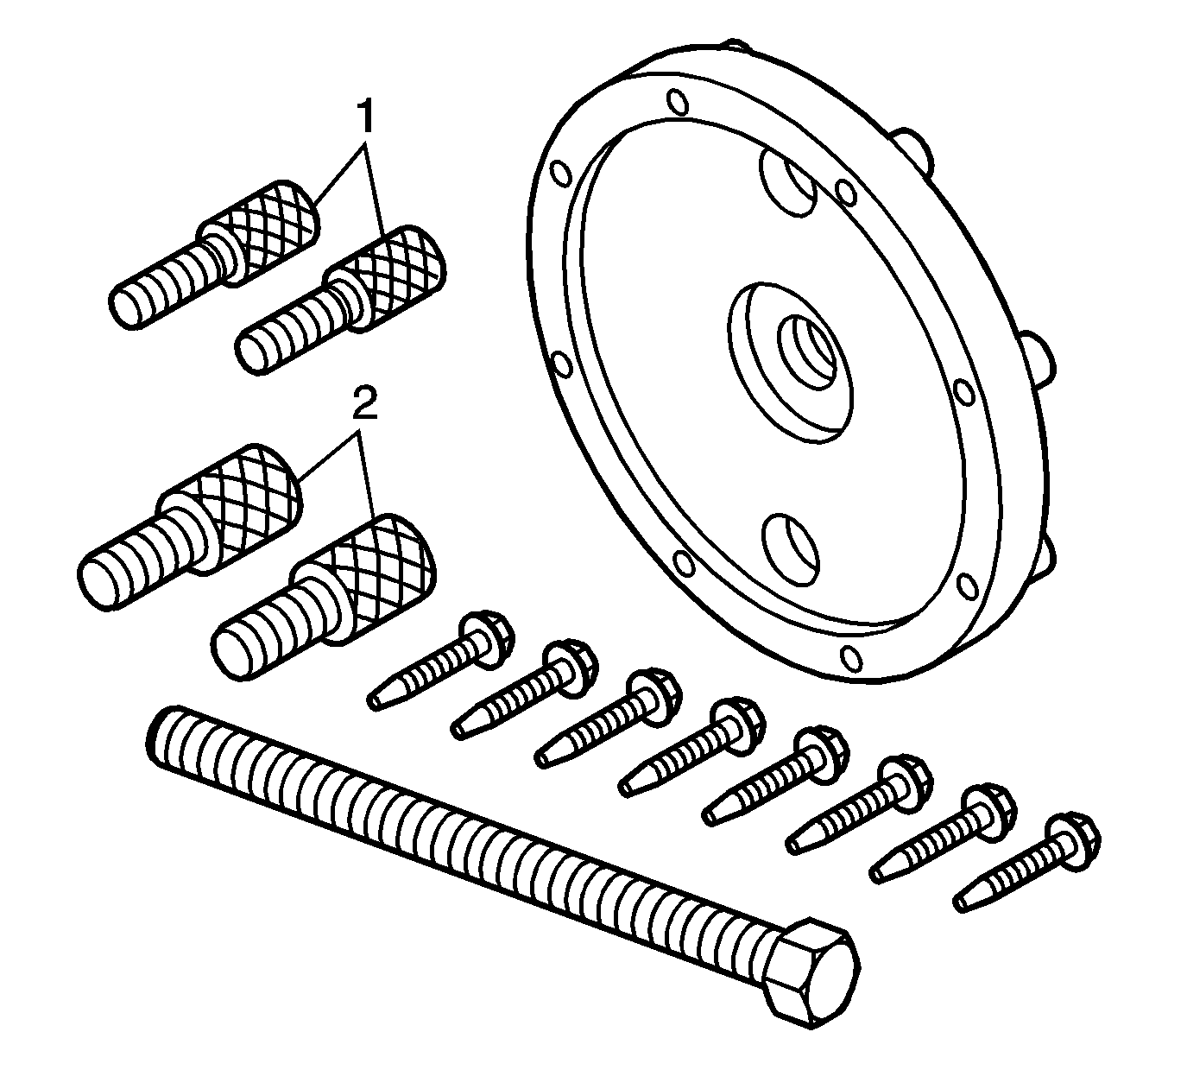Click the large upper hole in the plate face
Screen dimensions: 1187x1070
coord(788,181)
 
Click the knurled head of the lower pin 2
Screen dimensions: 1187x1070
coord(364,578)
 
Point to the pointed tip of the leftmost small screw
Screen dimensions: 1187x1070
coord(374,702)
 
